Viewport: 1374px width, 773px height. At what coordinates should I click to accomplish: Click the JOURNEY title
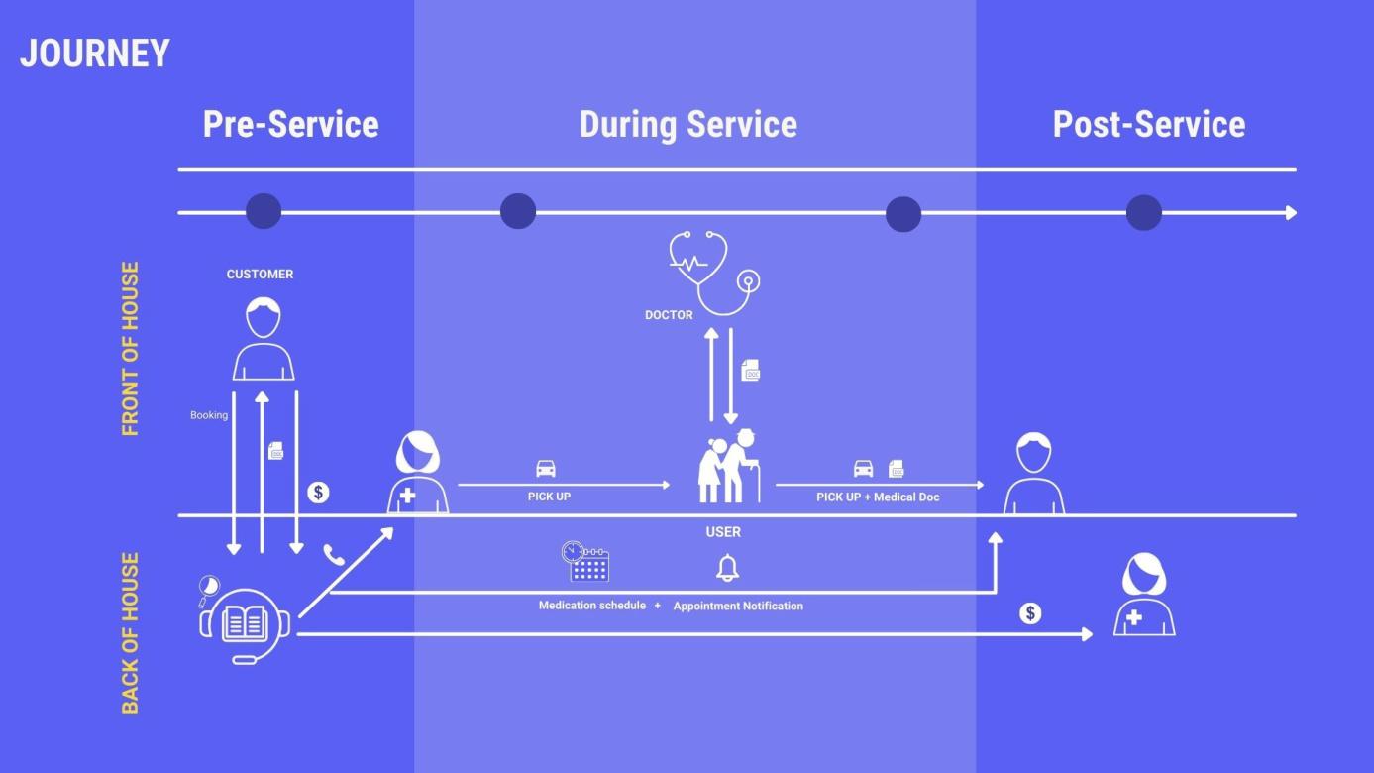(95, 54)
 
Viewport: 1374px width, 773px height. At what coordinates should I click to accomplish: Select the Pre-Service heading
(290, 125)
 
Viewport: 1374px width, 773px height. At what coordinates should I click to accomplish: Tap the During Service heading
(687, 125)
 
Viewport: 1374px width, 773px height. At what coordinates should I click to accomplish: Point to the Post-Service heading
(1148, 125)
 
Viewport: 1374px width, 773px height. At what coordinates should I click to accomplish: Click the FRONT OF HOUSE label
(130, 349)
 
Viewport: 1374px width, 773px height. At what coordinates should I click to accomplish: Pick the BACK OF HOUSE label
(130, 633)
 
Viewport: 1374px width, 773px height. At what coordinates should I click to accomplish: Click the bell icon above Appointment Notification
(728, 568)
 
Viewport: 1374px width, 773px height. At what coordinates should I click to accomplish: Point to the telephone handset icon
(334, 555)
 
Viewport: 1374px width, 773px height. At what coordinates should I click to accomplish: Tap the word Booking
(209, 415)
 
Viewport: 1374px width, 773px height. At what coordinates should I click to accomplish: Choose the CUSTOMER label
(260, 275)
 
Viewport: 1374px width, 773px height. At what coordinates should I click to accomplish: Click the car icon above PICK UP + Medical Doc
(864, 469)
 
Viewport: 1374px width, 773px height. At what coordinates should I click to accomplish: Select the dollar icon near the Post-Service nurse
(1030, 613)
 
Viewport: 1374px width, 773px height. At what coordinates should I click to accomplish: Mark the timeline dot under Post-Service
(1143, 213)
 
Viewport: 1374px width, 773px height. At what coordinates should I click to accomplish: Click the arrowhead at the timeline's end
(1291, 213)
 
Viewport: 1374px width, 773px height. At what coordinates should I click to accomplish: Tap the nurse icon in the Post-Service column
(1144, 596)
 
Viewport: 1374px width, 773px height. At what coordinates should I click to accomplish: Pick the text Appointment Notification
(738, 606)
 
